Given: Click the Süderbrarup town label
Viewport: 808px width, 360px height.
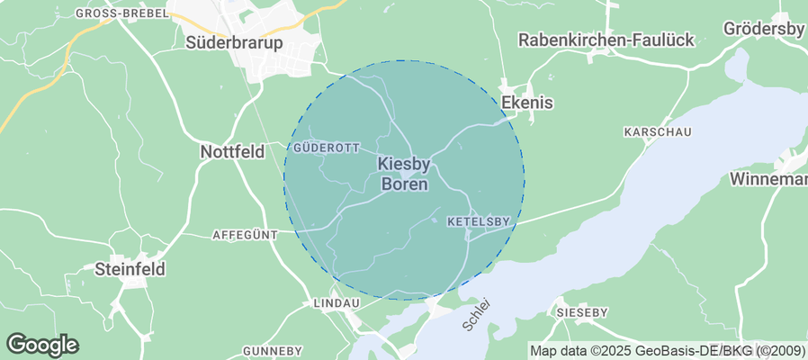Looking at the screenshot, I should [x=233, y=42].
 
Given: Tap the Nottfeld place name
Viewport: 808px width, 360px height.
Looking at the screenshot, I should [x=231, y=152].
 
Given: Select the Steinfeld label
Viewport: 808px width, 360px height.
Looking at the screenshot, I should [x=131, y=268].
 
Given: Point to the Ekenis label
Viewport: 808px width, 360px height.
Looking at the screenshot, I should [x=526, y=103].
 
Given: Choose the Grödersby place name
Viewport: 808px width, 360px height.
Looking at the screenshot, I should [x=765, y=29].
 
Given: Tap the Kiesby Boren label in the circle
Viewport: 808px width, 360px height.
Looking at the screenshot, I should [x=404, y=174].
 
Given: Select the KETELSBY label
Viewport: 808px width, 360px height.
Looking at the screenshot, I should [x=478, y=220].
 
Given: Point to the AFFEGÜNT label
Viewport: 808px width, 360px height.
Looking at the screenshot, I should [x=244, y=235].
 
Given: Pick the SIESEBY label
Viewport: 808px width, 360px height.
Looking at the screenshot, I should [x=581, y=312].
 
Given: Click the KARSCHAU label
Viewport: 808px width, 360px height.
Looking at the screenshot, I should [x=657, y=132].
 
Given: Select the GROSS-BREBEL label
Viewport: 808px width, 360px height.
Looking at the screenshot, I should [x=121, y=13].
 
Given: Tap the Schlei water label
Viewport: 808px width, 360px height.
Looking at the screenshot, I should [x=478, y=316].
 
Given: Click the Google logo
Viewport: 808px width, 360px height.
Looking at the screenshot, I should [x=42, y=344].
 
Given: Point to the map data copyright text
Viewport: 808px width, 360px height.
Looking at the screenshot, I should [x=667, y=350].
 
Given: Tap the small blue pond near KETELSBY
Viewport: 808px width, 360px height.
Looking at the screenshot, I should [x=435, y=219].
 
